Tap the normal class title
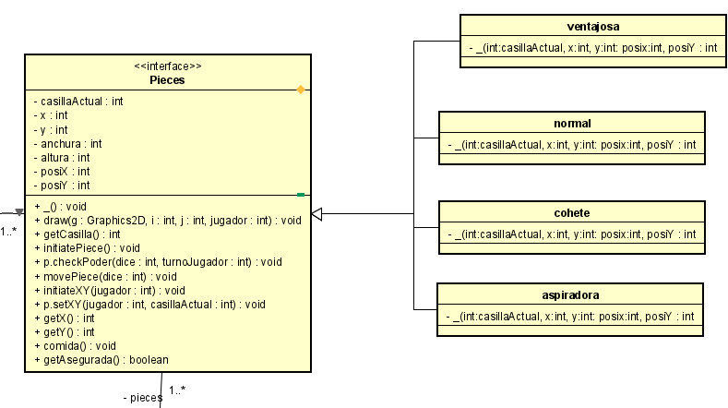pyautogui.click(x=572, y=123)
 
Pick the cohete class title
pyautogui.click(x=572, y=213)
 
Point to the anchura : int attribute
pyautogui.click(x=67, y=143)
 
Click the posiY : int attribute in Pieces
pyautogui.click(x=62, y=185)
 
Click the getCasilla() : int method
pyautogui.click(x=78, y=234)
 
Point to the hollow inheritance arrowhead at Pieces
pyautogui.click(x=316, y=214)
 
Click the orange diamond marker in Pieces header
pyautogui.click(x=300, y=90)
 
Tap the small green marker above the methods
pyautogui.click(x=301, y=195)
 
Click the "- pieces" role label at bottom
pyautogui.click(x=142, y=397)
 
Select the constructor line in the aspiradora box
pyautogui.click(x=572, y=317)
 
